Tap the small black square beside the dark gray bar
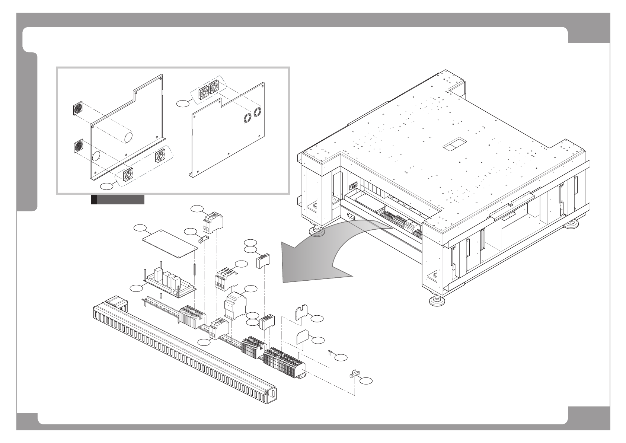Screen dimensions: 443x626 coord(94,200)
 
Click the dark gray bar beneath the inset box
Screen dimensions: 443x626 coord(121,200)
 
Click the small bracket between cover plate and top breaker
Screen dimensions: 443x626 coord(204,238)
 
